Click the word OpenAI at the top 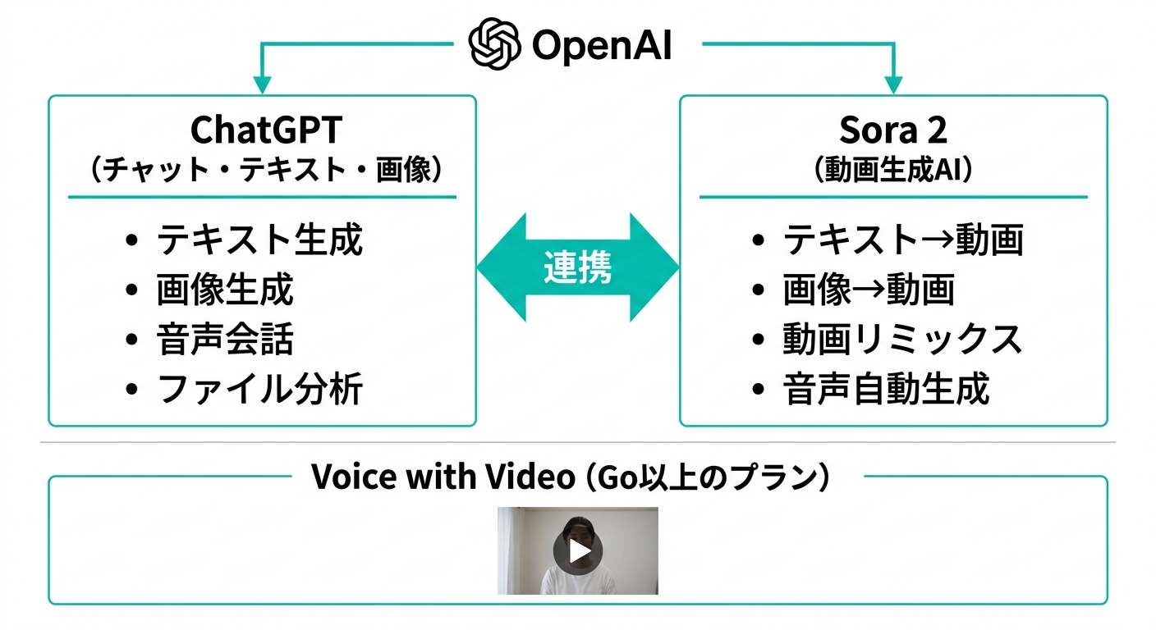click(x=602, y=46)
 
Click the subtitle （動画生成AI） click(x=893, y=169)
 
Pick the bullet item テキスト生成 click(x=259, y=240)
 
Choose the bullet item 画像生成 click(x=225, y=290)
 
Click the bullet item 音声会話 click(x=225, y=339)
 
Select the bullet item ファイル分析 click(x=259, y=389)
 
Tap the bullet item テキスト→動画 click(x=903, y=240)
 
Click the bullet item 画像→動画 click(x=869, y=290)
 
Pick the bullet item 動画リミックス click(x=903, y=339)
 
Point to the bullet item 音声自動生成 click(x=887, y=389)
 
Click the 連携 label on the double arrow click(x=578, y=267)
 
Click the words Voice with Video click(x=443, y=477)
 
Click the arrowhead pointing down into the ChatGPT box click(x=262, y=85)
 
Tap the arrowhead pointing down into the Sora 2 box click(x=893, y=85)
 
